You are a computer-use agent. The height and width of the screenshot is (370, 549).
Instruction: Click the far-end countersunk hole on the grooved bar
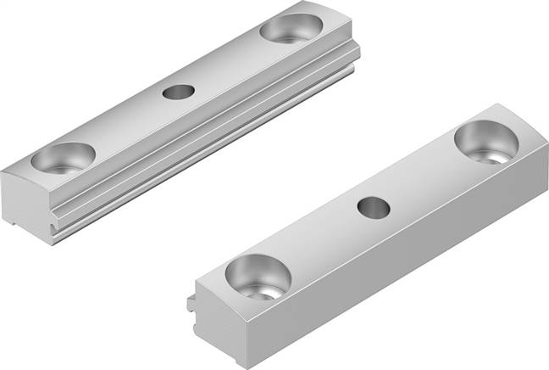click(291, 28)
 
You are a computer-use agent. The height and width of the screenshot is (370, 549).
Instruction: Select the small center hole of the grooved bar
click(177, 92)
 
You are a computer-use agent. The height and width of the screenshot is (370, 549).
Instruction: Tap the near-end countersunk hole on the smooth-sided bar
click(258, 277)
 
